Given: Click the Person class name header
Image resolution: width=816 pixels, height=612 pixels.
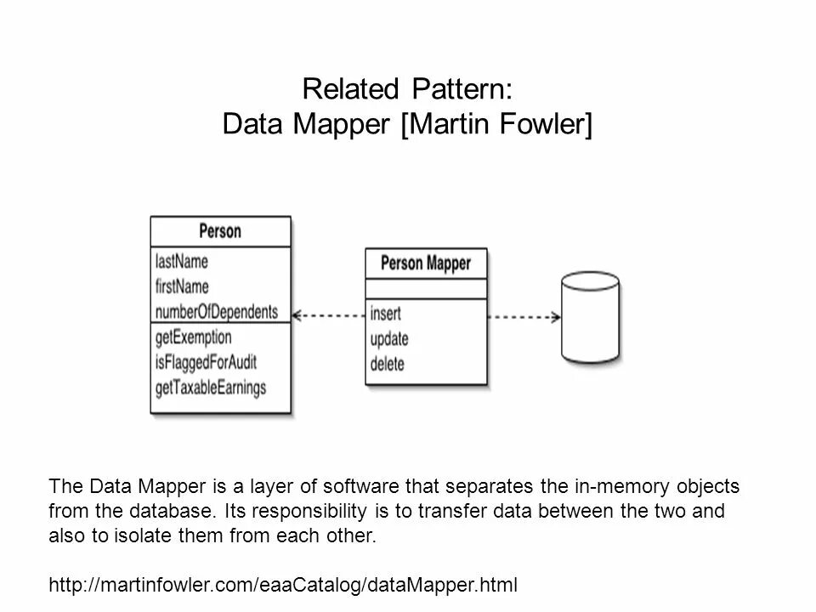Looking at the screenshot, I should (x=220, y=231).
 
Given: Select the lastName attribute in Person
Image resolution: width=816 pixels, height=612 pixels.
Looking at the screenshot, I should (x=182, y=260).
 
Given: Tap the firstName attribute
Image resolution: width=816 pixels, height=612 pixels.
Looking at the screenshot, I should (x=182, y=286).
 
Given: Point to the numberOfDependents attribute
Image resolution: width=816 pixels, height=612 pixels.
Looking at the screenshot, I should (x=217, y=311).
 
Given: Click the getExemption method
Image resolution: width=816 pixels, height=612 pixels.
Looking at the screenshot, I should (x=194, y=337).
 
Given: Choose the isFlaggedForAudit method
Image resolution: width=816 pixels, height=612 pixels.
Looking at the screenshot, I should (x=206, y=362).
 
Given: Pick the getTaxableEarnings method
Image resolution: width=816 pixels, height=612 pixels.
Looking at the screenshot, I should (x=211, y=388).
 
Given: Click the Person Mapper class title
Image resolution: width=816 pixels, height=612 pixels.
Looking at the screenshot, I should (x=426, y=263).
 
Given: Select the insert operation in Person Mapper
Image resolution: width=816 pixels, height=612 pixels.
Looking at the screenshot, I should (x=386, y=313).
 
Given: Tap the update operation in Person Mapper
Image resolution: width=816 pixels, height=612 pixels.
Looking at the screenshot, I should (x=389, y=339).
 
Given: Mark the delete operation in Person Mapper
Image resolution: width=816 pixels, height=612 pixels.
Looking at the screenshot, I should (x=388, y=365).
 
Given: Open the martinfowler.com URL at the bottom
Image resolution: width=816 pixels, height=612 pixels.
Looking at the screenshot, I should (x=284, y=585).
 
